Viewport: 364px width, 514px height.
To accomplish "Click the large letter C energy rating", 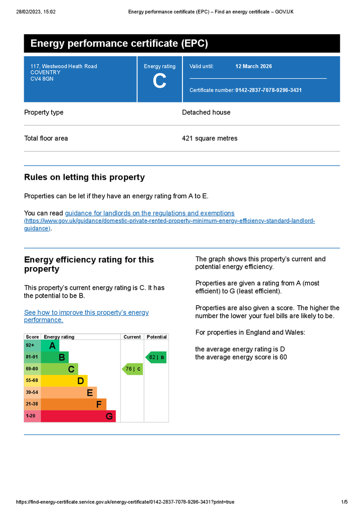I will point(159,81).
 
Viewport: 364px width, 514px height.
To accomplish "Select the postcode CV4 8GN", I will point(42,78).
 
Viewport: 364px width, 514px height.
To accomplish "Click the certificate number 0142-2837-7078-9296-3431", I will point(268,90).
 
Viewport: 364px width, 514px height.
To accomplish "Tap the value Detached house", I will point(206,112).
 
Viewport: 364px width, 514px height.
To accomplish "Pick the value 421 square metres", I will point(210,139).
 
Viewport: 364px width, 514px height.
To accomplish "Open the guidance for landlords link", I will point(149,213).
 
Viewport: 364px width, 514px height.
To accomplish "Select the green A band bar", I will point(50,346).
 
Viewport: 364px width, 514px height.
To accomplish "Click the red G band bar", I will point(78,416).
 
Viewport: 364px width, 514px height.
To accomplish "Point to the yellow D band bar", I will point(64,381).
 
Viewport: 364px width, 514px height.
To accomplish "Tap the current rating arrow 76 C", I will point(132,369).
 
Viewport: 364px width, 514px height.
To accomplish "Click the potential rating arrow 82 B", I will point(156,357).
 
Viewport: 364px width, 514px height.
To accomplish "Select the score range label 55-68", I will point(32,381).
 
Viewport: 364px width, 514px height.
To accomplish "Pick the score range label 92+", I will point(30,345).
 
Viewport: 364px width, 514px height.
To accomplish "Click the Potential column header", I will point(156,337).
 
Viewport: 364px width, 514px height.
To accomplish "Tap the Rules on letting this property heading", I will point(84,177).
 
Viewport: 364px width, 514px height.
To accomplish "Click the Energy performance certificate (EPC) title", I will point(119,44).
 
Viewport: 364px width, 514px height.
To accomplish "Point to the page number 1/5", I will point(344,502).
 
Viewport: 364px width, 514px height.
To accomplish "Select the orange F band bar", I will point(73,404).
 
